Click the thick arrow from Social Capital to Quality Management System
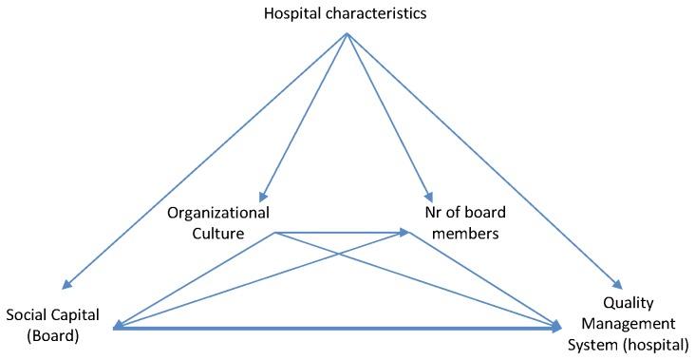click(x=332, y=329)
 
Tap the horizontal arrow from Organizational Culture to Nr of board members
click(x=342, y=232)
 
